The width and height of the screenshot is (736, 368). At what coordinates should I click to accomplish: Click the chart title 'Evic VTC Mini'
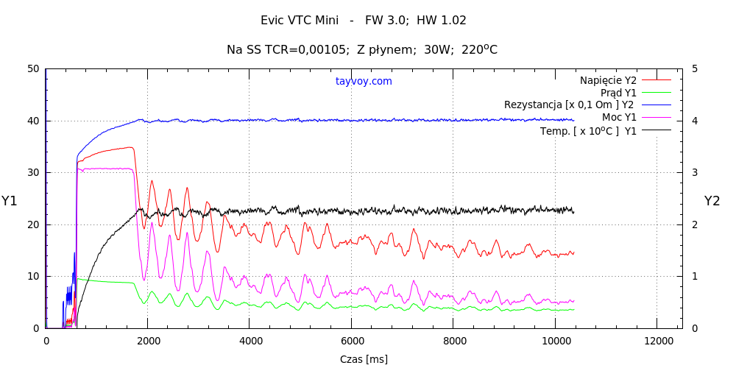(300, 21)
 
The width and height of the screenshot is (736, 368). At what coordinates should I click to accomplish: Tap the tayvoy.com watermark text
(364, 81)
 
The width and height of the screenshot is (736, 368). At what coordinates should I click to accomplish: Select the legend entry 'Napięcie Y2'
(608, 79)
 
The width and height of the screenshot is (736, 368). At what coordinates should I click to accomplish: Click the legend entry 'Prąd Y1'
(618, 93)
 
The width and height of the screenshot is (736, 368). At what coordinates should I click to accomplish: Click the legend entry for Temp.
(589, 131)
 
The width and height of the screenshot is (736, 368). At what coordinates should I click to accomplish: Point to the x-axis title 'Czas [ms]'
(364, 359)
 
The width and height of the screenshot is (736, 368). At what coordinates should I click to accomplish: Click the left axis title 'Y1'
(9, 201)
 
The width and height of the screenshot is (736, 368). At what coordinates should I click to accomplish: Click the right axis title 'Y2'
(712, 201)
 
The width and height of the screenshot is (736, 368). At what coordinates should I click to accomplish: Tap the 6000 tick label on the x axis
(351, 341)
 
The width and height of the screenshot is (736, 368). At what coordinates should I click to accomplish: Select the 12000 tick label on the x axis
(657, 341)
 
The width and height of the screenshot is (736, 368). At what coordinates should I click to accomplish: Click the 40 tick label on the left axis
(32, 121)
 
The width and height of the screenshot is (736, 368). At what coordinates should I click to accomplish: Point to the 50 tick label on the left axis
(32, 69)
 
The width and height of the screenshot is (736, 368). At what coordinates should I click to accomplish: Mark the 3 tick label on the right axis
(696, 173)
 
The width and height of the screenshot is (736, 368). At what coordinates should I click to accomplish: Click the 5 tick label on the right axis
(696, 69)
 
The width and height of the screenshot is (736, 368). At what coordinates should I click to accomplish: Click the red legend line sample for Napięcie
(657, 79)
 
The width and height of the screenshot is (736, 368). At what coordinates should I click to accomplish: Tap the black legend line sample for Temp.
(657, 130)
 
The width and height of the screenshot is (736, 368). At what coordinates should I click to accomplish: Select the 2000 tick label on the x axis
(147, 341)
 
